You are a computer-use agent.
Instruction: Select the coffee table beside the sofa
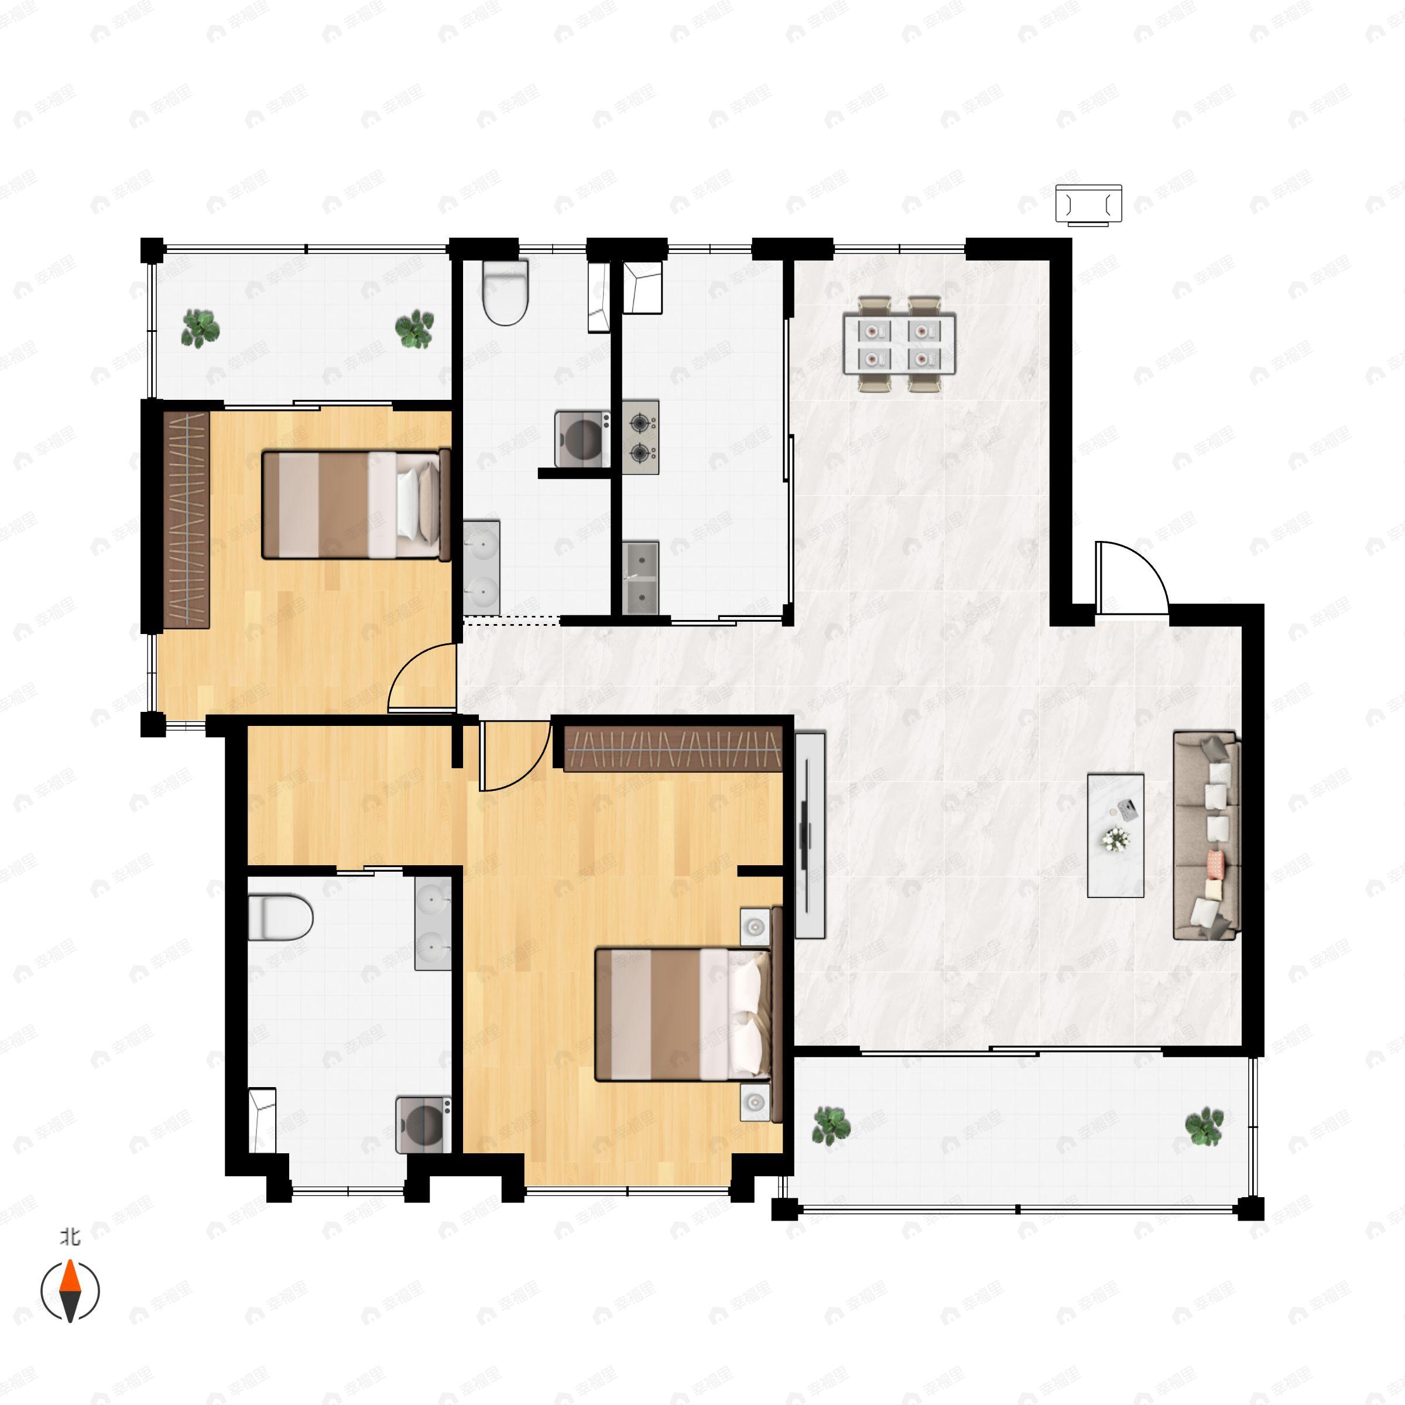coord(1115,835)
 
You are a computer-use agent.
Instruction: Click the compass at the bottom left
coord(70,1291)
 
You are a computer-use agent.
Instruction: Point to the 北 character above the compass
coord(70,1237)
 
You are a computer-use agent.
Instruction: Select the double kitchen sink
coord(640,577)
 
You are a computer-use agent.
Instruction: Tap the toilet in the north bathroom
coord(505,292)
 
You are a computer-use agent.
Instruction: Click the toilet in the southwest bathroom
coord(280,918)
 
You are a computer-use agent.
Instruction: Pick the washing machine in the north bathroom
coord(582,438)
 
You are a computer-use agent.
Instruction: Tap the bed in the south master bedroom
coord(682,1013)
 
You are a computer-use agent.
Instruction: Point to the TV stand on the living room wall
coord(810,835)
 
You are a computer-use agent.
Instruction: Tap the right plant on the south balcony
coord(1204,1126)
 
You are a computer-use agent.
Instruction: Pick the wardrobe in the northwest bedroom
coord(187,519)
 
